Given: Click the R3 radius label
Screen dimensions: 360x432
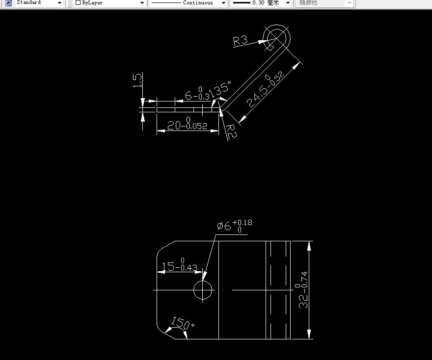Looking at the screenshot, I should click(x=241, y=40).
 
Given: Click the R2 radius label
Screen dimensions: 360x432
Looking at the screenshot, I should click(x=231, y=131).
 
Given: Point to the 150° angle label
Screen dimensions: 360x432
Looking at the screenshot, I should click(x=182, y=324).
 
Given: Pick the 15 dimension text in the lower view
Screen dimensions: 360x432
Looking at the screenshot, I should click(x=168, y=266).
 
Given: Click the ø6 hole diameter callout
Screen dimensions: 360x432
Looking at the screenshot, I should click(x=224, y=226).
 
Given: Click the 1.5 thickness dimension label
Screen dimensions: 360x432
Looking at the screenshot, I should click(x=138, y=80).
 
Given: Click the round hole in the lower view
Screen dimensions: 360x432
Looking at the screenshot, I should click(x=203, y=290).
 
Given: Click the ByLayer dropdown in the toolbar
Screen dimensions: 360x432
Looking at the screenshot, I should click(x=110, y=3).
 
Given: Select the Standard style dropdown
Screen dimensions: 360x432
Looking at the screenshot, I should click(x=39, y=3).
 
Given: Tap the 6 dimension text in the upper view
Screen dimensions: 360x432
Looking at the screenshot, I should click(x=188, y=96).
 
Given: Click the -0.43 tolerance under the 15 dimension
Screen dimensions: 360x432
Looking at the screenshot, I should click(x=189, y=268).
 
